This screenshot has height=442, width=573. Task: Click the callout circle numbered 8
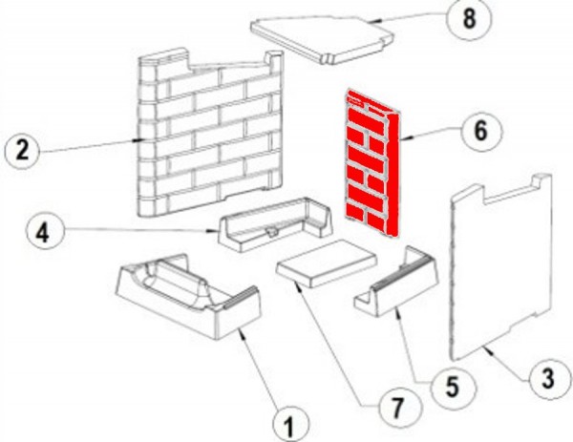point(469,18)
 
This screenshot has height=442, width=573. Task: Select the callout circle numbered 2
point(23,151)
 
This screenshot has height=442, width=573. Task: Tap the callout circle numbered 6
point(481,131)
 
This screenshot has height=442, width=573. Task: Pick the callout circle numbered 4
point(44,232)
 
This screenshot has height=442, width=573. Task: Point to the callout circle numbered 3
point(547,379)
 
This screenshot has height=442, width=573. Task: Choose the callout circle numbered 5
point(453,387)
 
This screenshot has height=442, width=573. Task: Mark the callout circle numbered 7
point(398,407)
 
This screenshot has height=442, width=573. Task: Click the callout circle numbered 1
point(291,425)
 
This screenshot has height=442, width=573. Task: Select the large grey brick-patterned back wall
point(211,134)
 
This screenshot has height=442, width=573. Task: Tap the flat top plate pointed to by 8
point(323,40)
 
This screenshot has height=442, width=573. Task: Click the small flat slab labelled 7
point(327,263)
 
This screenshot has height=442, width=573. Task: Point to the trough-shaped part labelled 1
point(188,296)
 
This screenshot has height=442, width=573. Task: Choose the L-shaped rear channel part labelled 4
point(275,224)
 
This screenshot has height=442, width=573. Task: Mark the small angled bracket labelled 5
point(396,282)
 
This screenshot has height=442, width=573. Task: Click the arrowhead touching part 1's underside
point(241,332)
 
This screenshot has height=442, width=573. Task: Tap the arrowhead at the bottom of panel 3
point(489,349)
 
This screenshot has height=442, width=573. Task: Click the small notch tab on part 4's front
point(272,231)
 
